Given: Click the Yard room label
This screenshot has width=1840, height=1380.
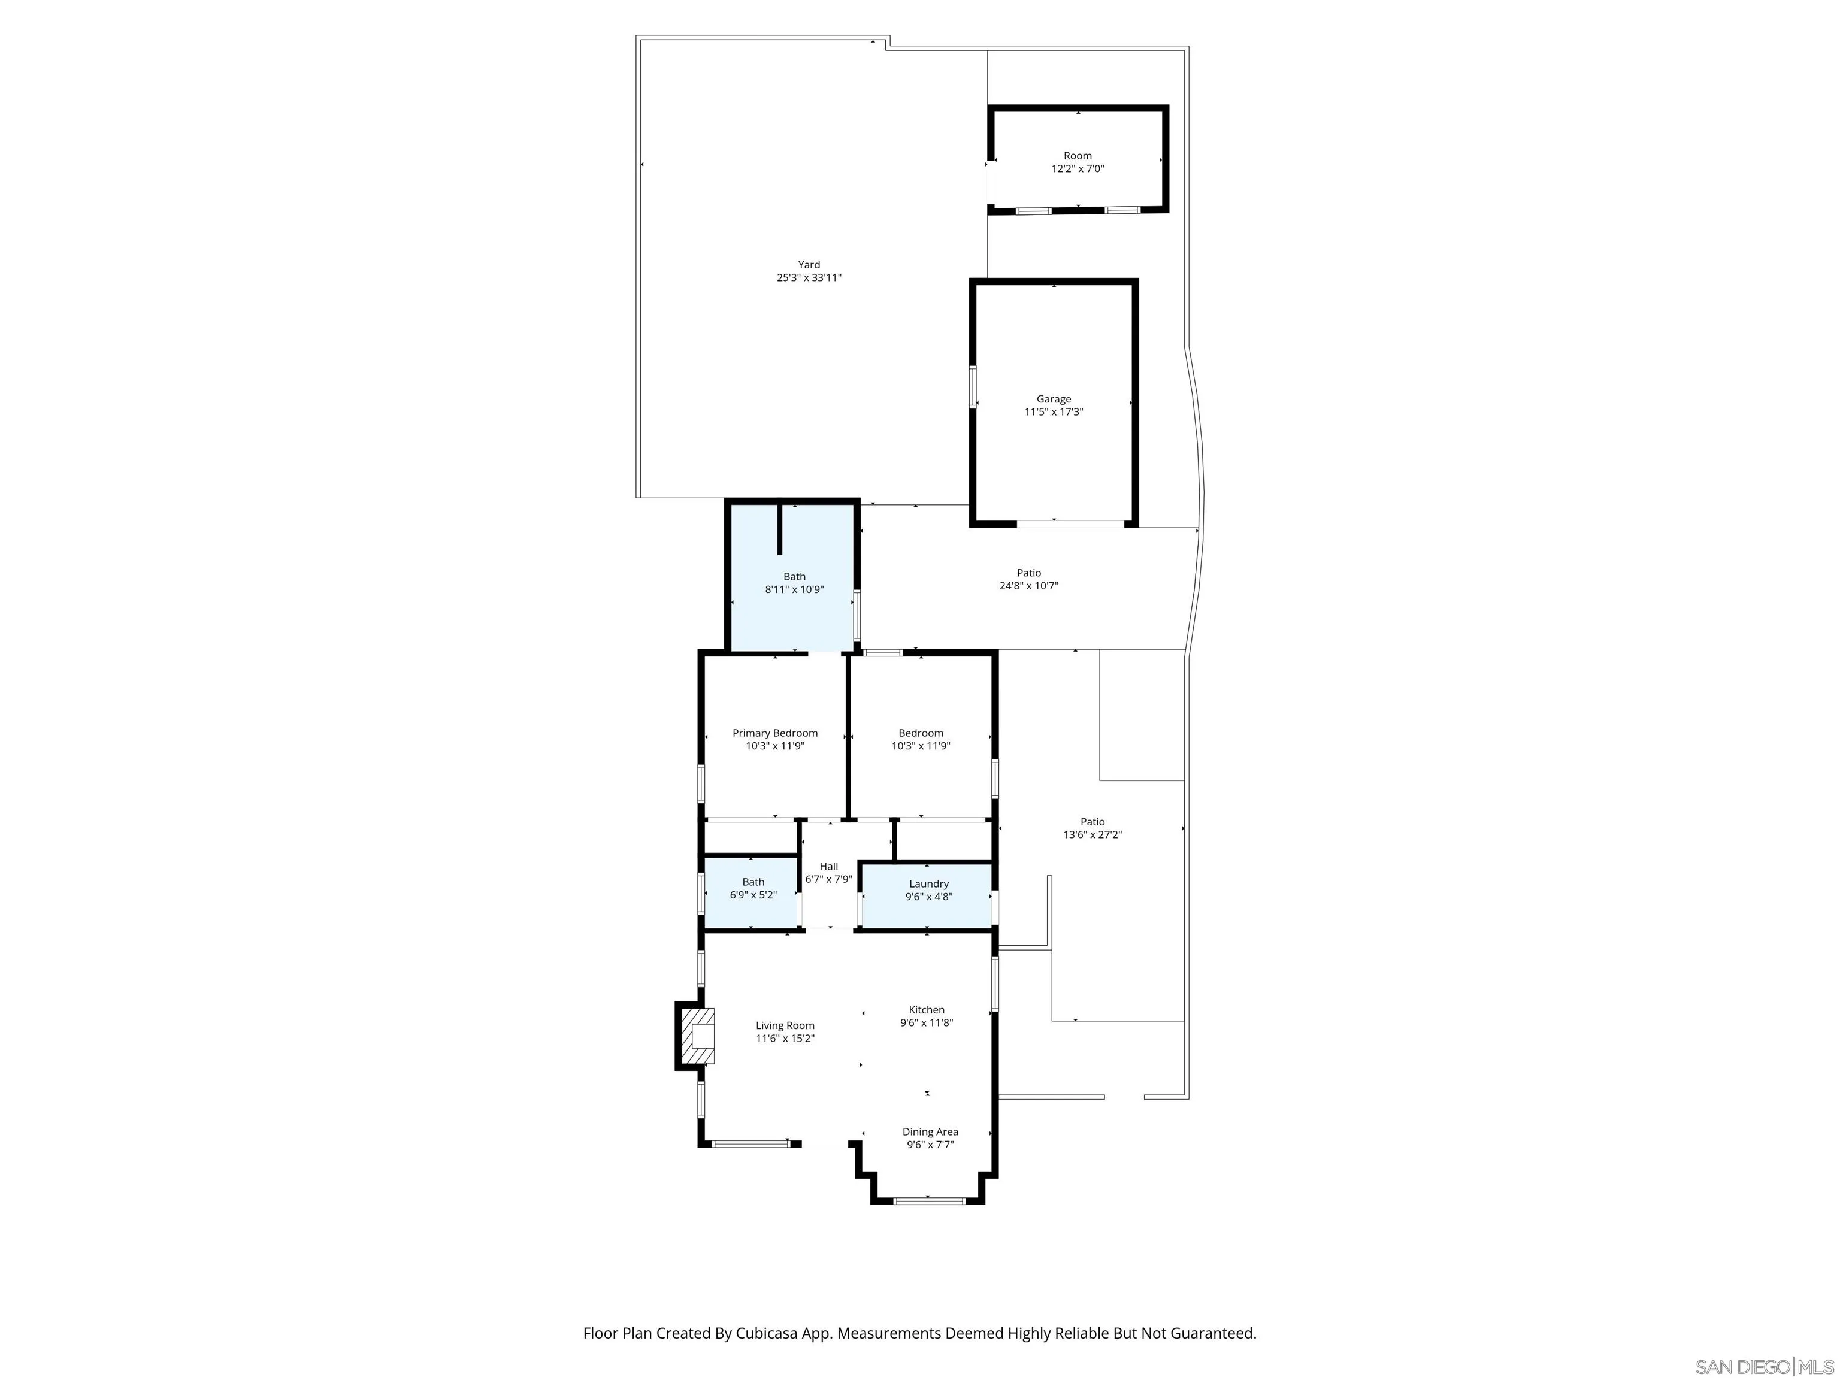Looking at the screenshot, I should pos(809,265).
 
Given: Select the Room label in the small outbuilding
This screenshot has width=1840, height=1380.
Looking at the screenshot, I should pos(1077,156).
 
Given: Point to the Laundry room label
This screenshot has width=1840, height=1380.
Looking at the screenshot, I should pos(928,884).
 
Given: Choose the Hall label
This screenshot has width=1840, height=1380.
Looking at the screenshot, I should pos(828,867).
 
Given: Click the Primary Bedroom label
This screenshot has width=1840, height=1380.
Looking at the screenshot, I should pos(774,733).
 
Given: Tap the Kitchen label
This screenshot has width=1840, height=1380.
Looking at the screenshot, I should pos(926,1010).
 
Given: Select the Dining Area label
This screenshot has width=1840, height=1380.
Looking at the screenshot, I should pos(930,1132).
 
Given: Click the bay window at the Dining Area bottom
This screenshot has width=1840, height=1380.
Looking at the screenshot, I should pos(929,1200).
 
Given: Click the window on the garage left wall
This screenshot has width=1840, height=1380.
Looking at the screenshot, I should pos(972,387).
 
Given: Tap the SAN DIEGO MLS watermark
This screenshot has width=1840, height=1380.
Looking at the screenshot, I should pos(1763,1367).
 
